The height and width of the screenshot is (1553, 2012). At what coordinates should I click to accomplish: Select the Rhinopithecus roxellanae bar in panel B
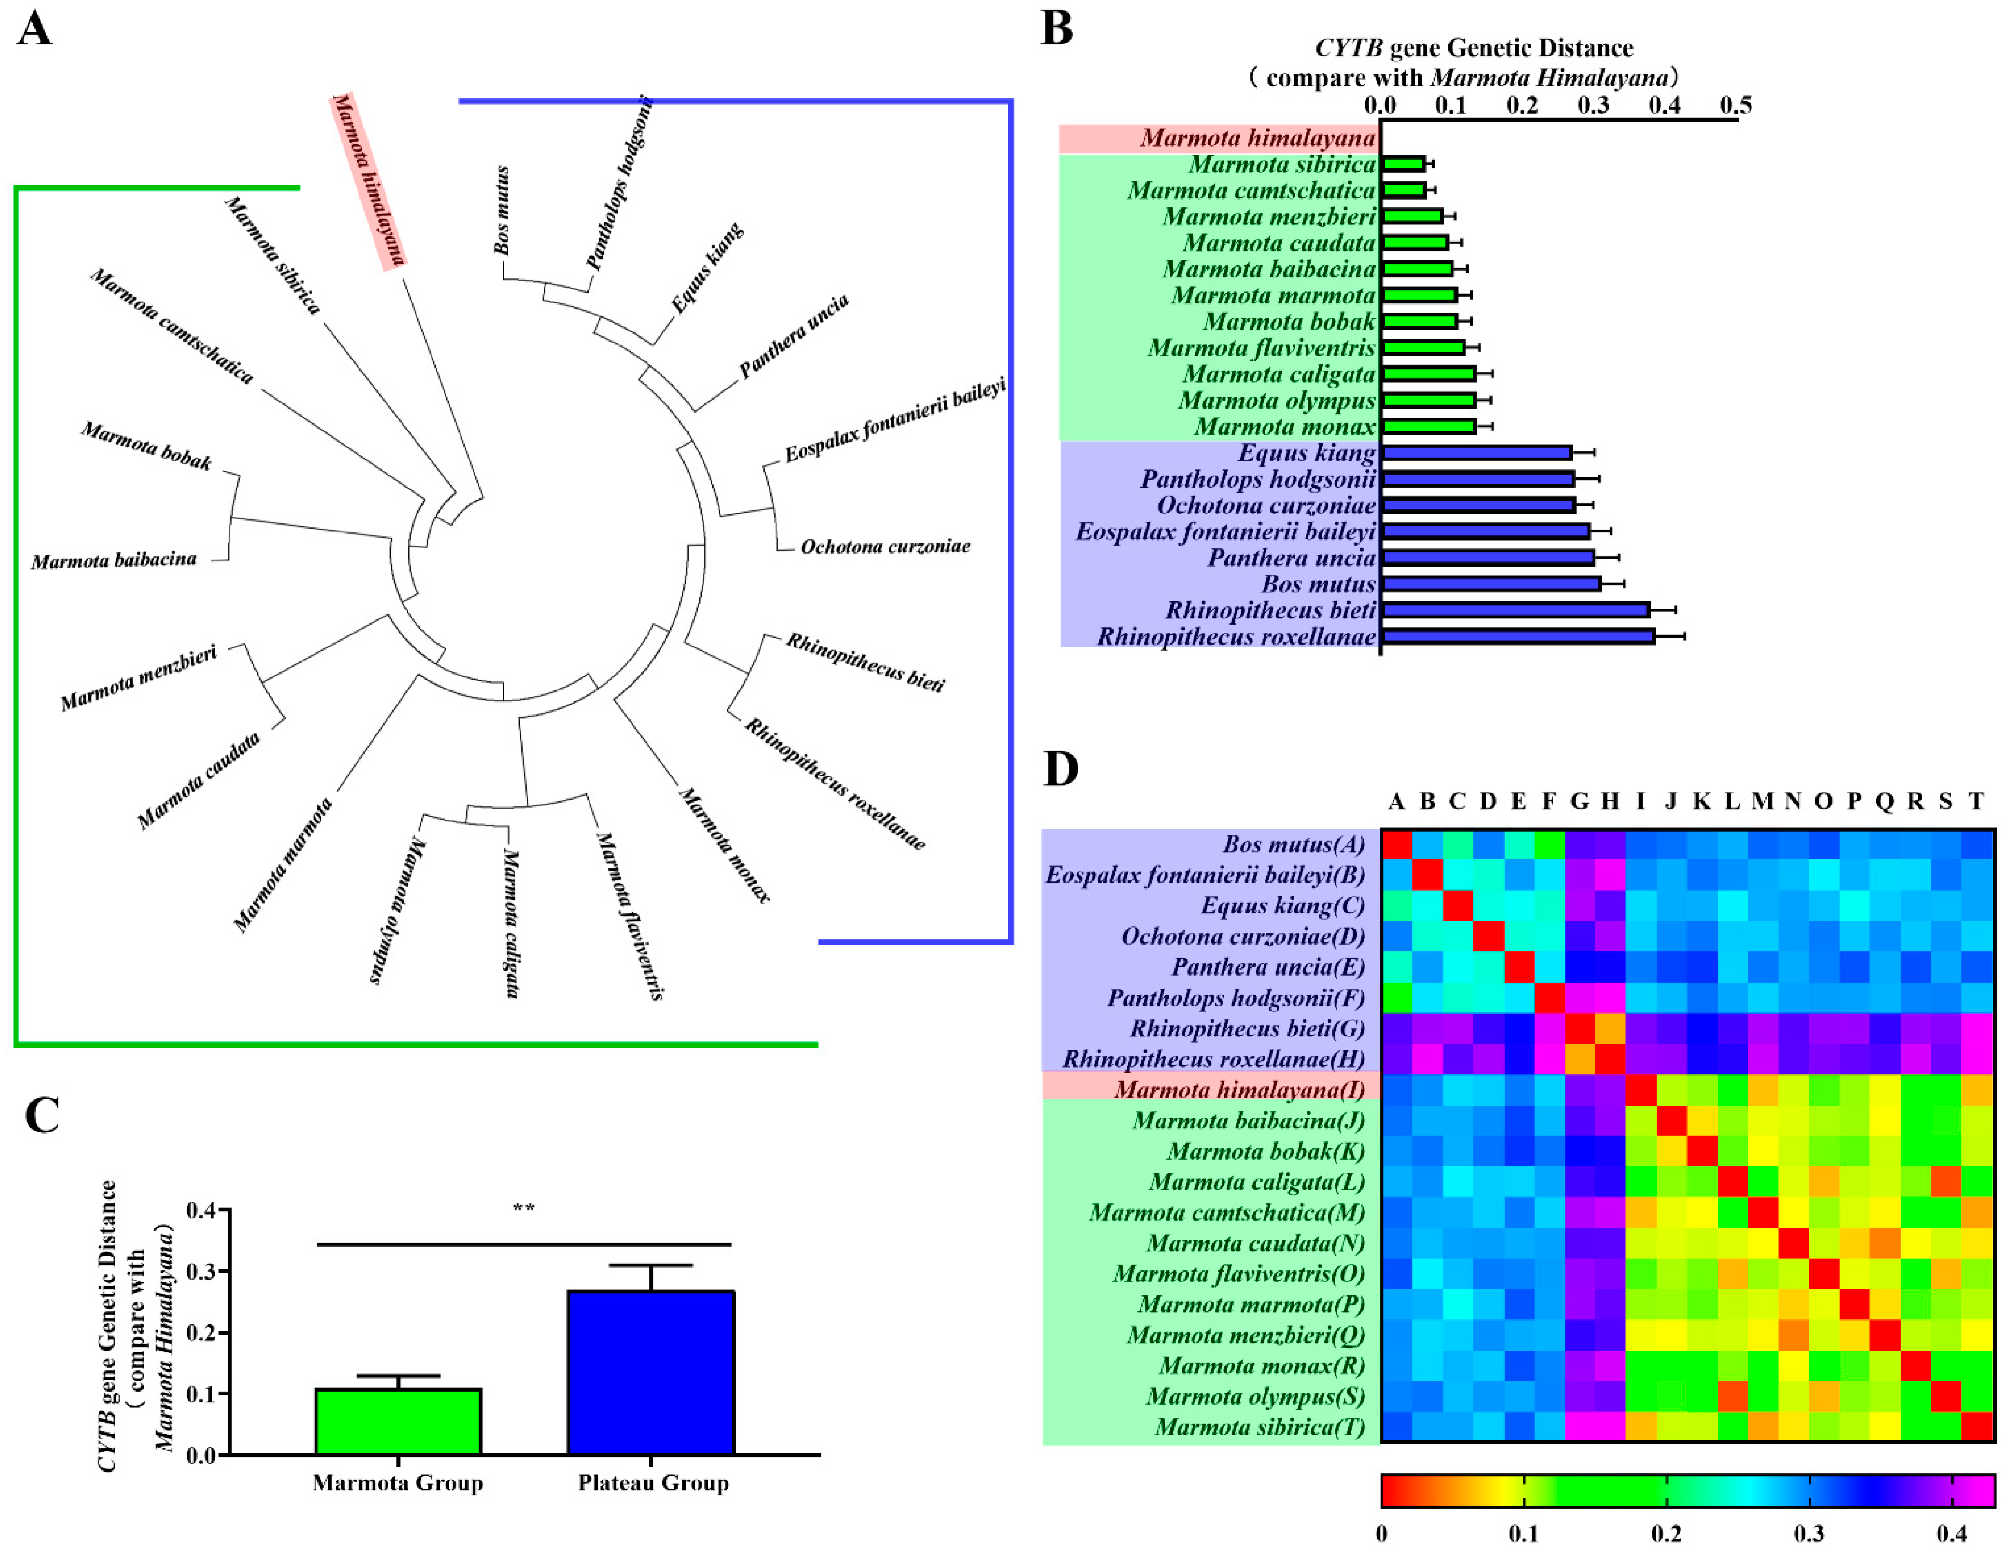coord(1517,636)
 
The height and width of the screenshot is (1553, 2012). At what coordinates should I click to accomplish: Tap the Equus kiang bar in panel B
coord(1476,452)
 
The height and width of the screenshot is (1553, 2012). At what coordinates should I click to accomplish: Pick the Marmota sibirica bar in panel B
coord(1403,164)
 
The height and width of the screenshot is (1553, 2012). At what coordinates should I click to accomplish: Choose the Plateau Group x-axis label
coord(653,1483)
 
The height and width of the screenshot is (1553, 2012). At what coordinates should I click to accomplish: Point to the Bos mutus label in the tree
coord(502,210)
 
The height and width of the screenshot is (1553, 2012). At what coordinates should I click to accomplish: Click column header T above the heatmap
coord(1976,801)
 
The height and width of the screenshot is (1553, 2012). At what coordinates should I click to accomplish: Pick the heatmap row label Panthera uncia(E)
coord(1267,967)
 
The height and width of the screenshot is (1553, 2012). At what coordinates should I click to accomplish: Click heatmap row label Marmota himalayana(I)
coord(1239,1090)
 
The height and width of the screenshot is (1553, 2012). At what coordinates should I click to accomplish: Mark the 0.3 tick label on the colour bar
coord(1809,1534)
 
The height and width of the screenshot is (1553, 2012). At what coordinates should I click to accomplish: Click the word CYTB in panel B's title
coord(1348,48)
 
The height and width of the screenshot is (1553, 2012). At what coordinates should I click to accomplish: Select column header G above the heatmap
coord(1579,801)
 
